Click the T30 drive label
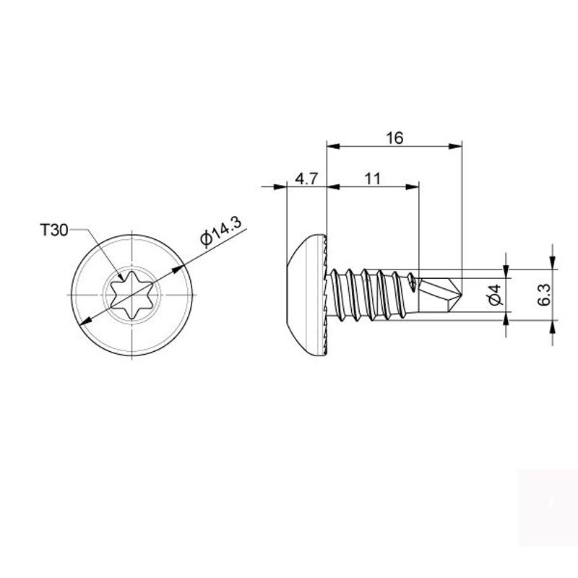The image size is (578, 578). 54,230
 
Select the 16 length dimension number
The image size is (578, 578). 394,138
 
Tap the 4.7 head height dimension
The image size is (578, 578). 306,178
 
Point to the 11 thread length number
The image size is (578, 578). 372,178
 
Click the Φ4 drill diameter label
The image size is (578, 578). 496,295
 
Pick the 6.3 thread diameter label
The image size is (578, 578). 544,295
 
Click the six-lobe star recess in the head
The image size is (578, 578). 131,295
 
